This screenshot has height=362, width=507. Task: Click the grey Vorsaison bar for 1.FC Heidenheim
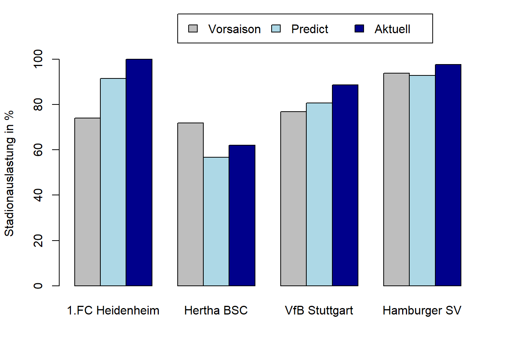coord(88,202)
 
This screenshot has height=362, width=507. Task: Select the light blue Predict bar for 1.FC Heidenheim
coord(113,182)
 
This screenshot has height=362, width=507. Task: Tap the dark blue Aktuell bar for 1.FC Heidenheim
coord(139,172)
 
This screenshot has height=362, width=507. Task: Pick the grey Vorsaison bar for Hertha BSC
coord(191,204)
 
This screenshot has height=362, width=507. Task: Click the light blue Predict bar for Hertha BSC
coord(216,221)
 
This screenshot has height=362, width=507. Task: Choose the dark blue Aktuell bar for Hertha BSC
coord(242,215)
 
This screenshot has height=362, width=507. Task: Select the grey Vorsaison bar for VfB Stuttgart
coord(293,198)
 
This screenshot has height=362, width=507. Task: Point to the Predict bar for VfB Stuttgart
coord(319,194)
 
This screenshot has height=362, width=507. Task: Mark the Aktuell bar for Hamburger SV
coord(448,175)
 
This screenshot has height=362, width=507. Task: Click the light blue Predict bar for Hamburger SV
coord(422,181)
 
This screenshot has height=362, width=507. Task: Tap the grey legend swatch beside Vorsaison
coord(193,29)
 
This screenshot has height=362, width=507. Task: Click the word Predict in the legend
coord(310,29)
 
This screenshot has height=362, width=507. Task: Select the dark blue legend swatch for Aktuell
coord(360,29)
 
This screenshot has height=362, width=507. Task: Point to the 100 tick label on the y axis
coord(38,59)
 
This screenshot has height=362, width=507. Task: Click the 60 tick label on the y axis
coord(38,150)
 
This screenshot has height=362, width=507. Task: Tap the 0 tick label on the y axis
coord(38,286)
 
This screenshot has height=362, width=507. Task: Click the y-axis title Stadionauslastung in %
coord(9,173)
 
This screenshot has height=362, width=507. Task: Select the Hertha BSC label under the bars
coord(216,310)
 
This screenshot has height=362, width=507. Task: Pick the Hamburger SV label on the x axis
coord(422,310)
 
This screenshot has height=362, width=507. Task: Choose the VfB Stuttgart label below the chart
coord(319,310)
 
